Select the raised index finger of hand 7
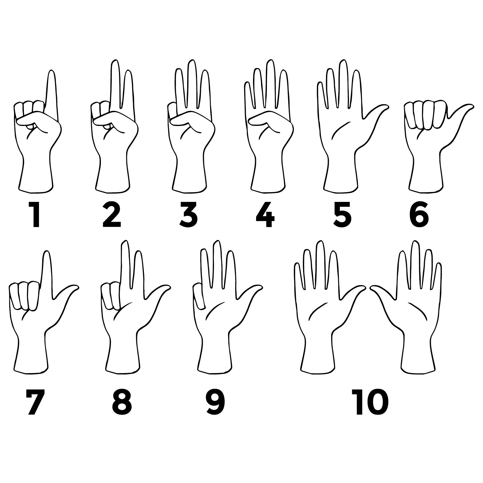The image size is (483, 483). tap(46, 272)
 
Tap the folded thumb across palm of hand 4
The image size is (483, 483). tap(262, 119)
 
